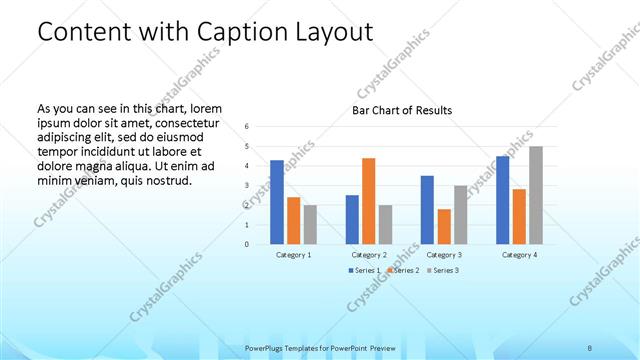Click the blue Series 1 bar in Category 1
pyautogui.click(x=277, y=202)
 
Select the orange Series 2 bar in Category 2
pyautogui.click(x=368, y=201)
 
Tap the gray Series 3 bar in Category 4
pyautogui.click(x=536, y=195)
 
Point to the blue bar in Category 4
pyautogui.click(x=502, y=200)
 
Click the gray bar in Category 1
pyautogui.click(x=310, y=224)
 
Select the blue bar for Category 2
pyautogui.click(x=352, y=219)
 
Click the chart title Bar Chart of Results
pyautogui.click(x=402, y=110)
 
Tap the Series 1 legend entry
pyautogui.click(x=363, y=271)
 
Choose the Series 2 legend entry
pyautogui.click(x=402, y=271)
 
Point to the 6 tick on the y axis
pyautogui.click(x=246, y=127)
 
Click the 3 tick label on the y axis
pyautogui.click(x=246, y=186)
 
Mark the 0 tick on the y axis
pyautogui.click(x=246, y=244)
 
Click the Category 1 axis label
pyautogui.click(x=293, y=255)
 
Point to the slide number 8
pyautogui.click(x=590, y=347)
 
